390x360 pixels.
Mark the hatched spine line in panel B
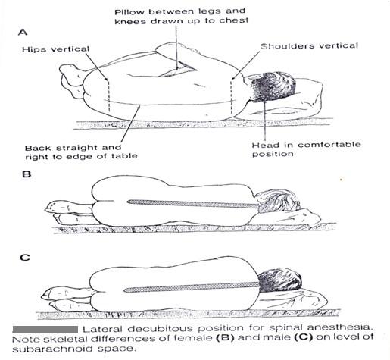pyautogui.click(x=189, y=203)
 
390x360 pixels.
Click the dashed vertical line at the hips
pyautogui.click(x=110, y=95)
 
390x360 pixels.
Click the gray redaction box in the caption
pyautogui.click(x=45, y=329)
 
